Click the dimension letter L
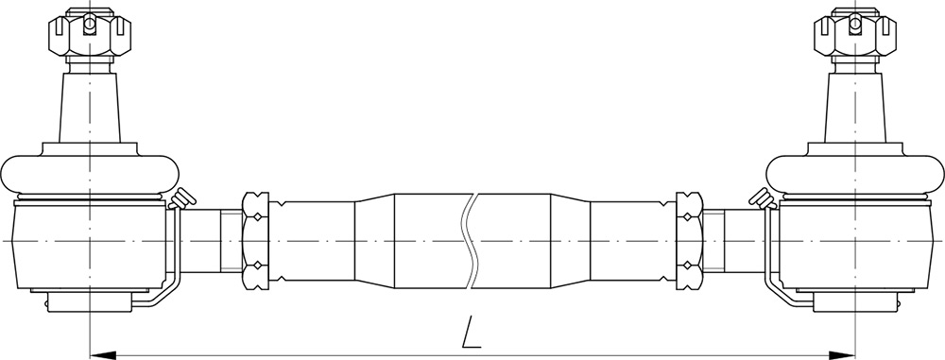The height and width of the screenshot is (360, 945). pyautogui.click(x=472, y=333)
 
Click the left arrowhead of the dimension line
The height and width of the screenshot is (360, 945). pyautogui.click(x=103, y=354)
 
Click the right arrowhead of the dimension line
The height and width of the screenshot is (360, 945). pyautogui.click(x=842, y=354)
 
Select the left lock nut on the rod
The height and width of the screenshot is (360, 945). pyautogui.click(x=255, y=241)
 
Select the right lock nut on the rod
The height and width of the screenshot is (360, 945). pyautogui.click(x=690, y=241)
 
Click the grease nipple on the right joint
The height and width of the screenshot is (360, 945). pyautogui.click(x=763, y=199)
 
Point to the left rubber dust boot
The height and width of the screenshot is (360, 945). pyautogui.click(x=90, y=176)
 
